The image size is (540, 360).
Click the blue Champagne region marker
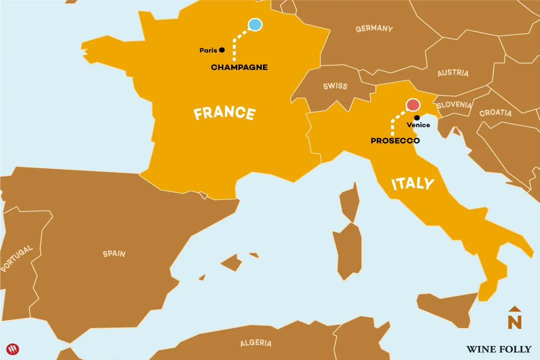(255, 24)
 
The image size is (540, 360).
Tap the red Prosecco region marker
(413, 104)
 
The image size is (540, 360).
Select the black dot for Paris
(222, 50)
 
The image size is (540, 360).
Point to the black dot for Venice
(417, 117)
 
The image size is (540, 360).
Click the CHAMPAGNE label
(239, 67)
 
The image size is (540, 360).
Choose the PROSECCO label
(395, 141)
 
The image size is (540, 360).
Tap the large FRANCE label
(224, 113)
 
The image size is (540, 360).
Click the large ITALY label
(412, 183)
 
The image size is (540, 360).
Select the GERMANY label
(374, 29)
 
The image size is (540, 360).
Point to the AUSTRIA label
(453, 73)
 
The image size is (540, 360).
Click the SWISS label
(335, 86)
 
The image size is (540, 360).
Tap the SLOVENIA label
(454, 105)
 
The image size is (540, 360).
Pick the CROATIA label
(495, 113)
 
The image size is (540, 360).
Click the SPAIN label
(114, 253)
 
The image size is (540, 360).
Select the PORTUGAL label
(17, 258)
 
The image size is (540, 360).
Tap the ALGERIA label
(256, 343)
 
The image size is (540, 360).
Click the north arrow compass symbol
(514, 318)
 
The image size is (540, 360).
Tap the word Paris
(208, 50)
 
